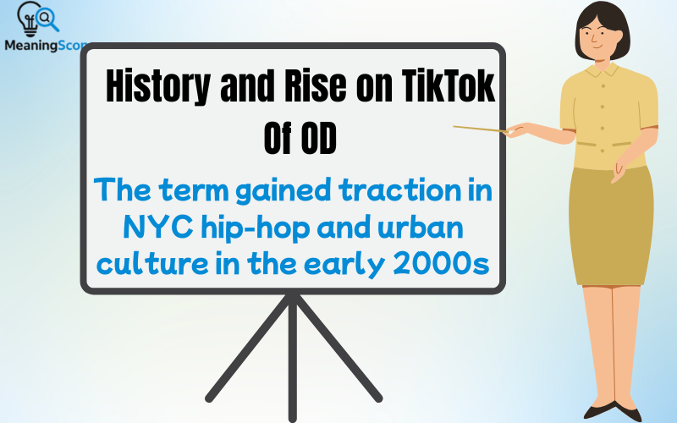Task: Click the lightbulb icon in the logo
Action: (x=25, y=19)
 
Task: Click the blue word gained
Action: (x=270, y=190)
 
